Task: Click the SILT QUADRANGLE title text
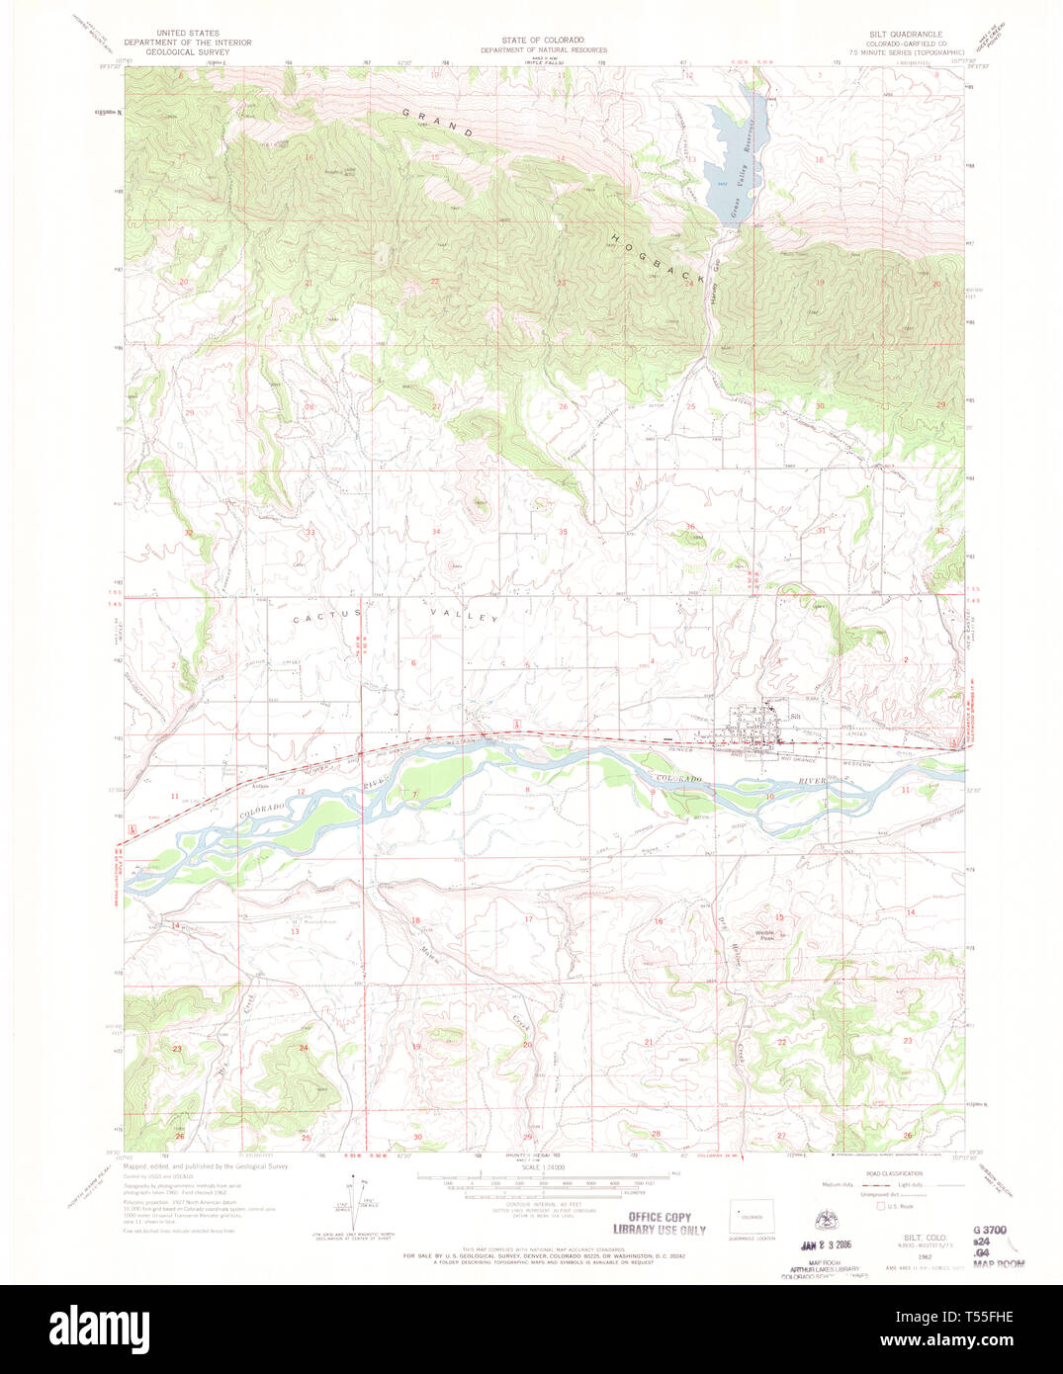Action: point(899,34)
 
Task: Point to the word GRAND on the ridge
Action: point(435,123)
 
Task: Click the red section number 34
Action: point(435,533)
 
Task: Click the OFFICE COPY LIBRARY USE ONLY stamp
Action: point(660,1224)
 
